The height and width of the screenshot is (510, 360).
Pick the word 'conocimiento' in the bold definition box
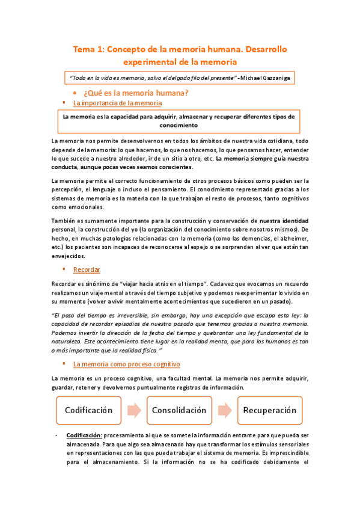click(x=178, y=125)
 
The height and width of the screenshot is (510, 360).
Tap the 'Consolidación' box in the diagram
click(x=180, y=411)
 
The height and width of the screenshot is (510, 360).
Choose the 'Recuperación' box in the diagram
click(x=269, y=411)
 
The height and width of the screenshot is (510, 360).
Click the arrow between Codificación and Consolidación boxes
click(x=134, y=411)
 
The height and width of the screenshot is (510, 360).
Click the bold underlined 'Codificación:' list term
click(x=85, y=435)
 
